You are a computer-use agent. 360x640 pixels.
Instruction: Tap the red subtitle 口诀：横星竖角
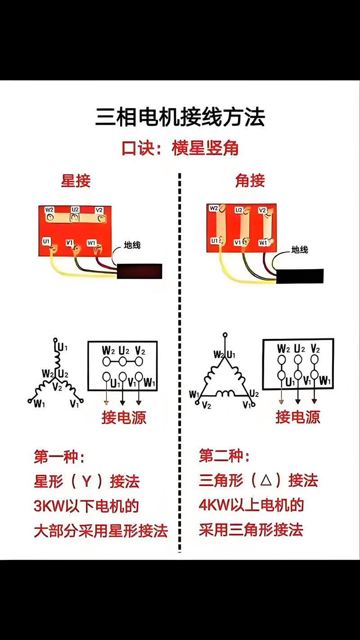180,148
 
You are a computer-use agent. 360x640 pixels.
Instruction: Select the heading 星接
76,180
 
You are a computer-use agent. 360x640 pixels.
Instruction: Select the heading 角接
250,180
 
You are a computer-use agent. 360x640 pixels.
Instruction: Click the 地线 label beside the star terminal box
132,245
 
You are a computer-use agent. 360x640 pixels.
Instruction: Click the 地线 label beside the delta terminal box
299,249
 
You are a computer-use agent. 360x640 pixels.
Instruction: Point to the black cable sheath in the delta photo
300,276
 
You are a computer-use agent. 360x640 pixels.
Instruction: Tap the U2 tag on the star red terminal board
75,210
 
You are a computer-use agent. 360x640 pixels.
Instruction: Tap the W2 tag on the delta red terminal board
214,208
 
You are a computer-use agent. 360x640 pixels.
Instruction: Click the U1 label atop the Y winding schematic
62,347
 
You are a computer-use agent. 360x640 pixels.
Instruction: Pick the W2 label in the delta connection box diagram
283,348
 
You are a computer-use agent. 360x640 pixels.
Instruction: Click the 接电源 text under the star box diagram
124,418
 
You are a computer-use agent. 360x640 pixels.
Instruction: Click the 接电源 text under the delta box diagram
298,417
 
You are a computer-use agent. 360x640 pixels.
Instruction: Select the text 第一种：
59,457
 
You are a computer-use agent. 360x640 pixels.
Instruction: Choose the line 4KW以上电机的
251,505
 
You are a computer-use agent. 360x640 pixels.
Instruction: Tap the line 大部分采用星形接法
101,531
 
